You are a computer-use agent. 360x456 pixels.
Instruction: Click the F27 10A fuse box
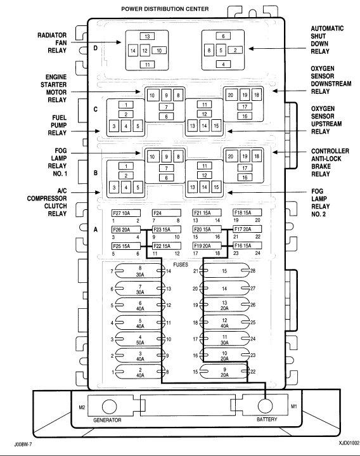[126, 213]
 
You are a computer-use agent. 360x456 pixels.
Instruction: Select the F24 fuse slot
[167, 213]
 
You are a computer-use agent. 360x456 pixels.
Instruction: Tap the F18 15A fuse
[247, 212]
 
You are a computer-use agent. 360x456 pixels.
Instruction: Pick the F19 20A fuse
[207, 245]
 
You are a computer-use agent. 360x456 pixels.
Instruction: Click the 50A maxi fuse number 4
[140, 340]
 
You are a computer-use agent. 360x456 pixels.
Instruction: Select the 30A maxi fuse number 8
[140, 271]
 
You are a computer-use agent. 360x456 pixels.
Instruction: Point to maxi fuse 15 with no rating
[224, 271]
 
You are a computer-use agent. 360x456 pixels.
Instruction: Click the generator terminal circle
[109, 406]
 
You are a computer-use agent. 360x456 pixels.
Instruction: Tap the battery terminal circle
[266, 405]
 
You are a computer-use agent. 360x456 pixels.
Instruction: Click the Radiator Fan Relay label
[52, 42]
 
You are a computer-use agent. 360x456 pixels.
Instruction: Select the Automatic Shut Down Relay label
[327, 40]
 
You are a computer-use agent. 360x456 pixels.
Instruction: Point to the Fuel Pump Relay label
[57, 126]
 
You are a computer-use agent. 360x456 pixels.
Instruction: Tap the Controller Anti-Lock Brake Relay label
[330, 162]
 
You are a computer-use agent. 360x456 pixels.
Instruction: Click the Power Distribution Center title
[165, 9]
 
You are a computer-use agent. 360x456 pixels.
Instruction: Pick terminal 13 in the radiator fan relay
[147, 36]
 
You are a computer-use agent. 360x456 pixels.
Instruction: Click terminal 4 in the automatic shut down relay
[223, 64]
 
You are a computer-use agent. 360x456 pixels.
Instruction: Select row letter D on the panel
[95, 48]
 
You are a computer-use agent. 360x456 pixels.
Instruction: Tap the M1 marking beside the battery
[294, 407]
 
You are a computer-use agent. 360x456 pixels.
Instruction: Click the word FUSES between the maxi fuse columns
[181, 264]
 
